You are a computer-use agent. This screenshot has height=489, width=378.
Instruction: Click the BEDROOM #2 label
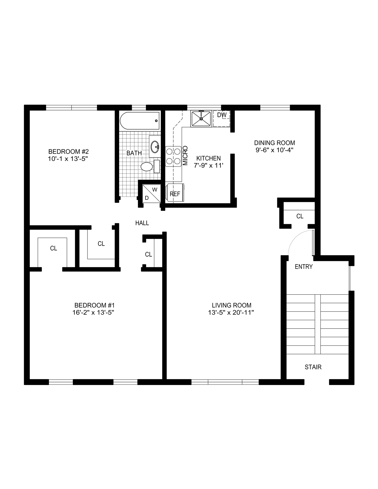[x=68, y=151]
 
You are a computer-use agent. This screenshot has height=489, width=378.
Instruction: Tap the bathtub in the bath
[x=140, y=121]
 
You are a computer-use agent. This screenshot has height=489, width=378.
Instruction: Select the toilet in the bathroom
[x=147, y=167]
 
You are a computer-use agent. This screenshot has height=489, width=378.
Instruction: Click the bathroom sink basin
[x=155, y=147]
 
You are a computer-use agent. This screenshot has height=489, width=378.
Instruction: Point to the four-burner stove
[x=173, y=156]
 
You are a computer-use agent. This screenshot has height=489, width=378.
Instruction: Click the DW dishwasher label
[x=222, y=115]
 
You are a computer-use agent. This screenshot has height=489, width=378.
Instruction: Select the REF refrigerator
[x=175, y=194]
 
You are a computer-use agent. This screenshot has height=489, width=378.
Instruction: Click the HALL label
[x=142, y=223]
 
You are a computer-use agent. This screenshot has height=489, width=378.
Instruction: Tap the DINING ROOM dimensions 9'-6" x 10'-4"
[x=274, y=150]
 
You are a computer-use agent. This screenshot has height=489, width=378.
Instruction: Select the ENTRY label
[x=303, y=267]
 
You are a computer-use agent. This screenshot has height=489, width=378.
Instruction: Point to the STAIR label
[x=313, y=367]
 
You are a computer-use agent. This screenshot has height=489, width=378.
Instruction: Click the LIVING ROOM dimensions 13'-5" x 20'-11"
[x=231, y=313]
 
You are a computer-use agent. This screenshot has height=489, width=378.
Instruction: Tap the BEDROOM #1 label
[x=94, y=305]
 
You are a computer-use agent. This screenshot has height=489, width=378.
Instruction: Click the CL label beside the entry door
[x=300, y=216]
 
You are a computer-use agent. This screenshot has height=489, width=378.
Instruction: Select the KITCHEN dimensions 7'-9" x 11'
[x=208, y=166]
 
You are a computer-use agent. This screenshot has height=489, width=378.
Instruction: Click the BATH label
[x=134, y=153]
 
